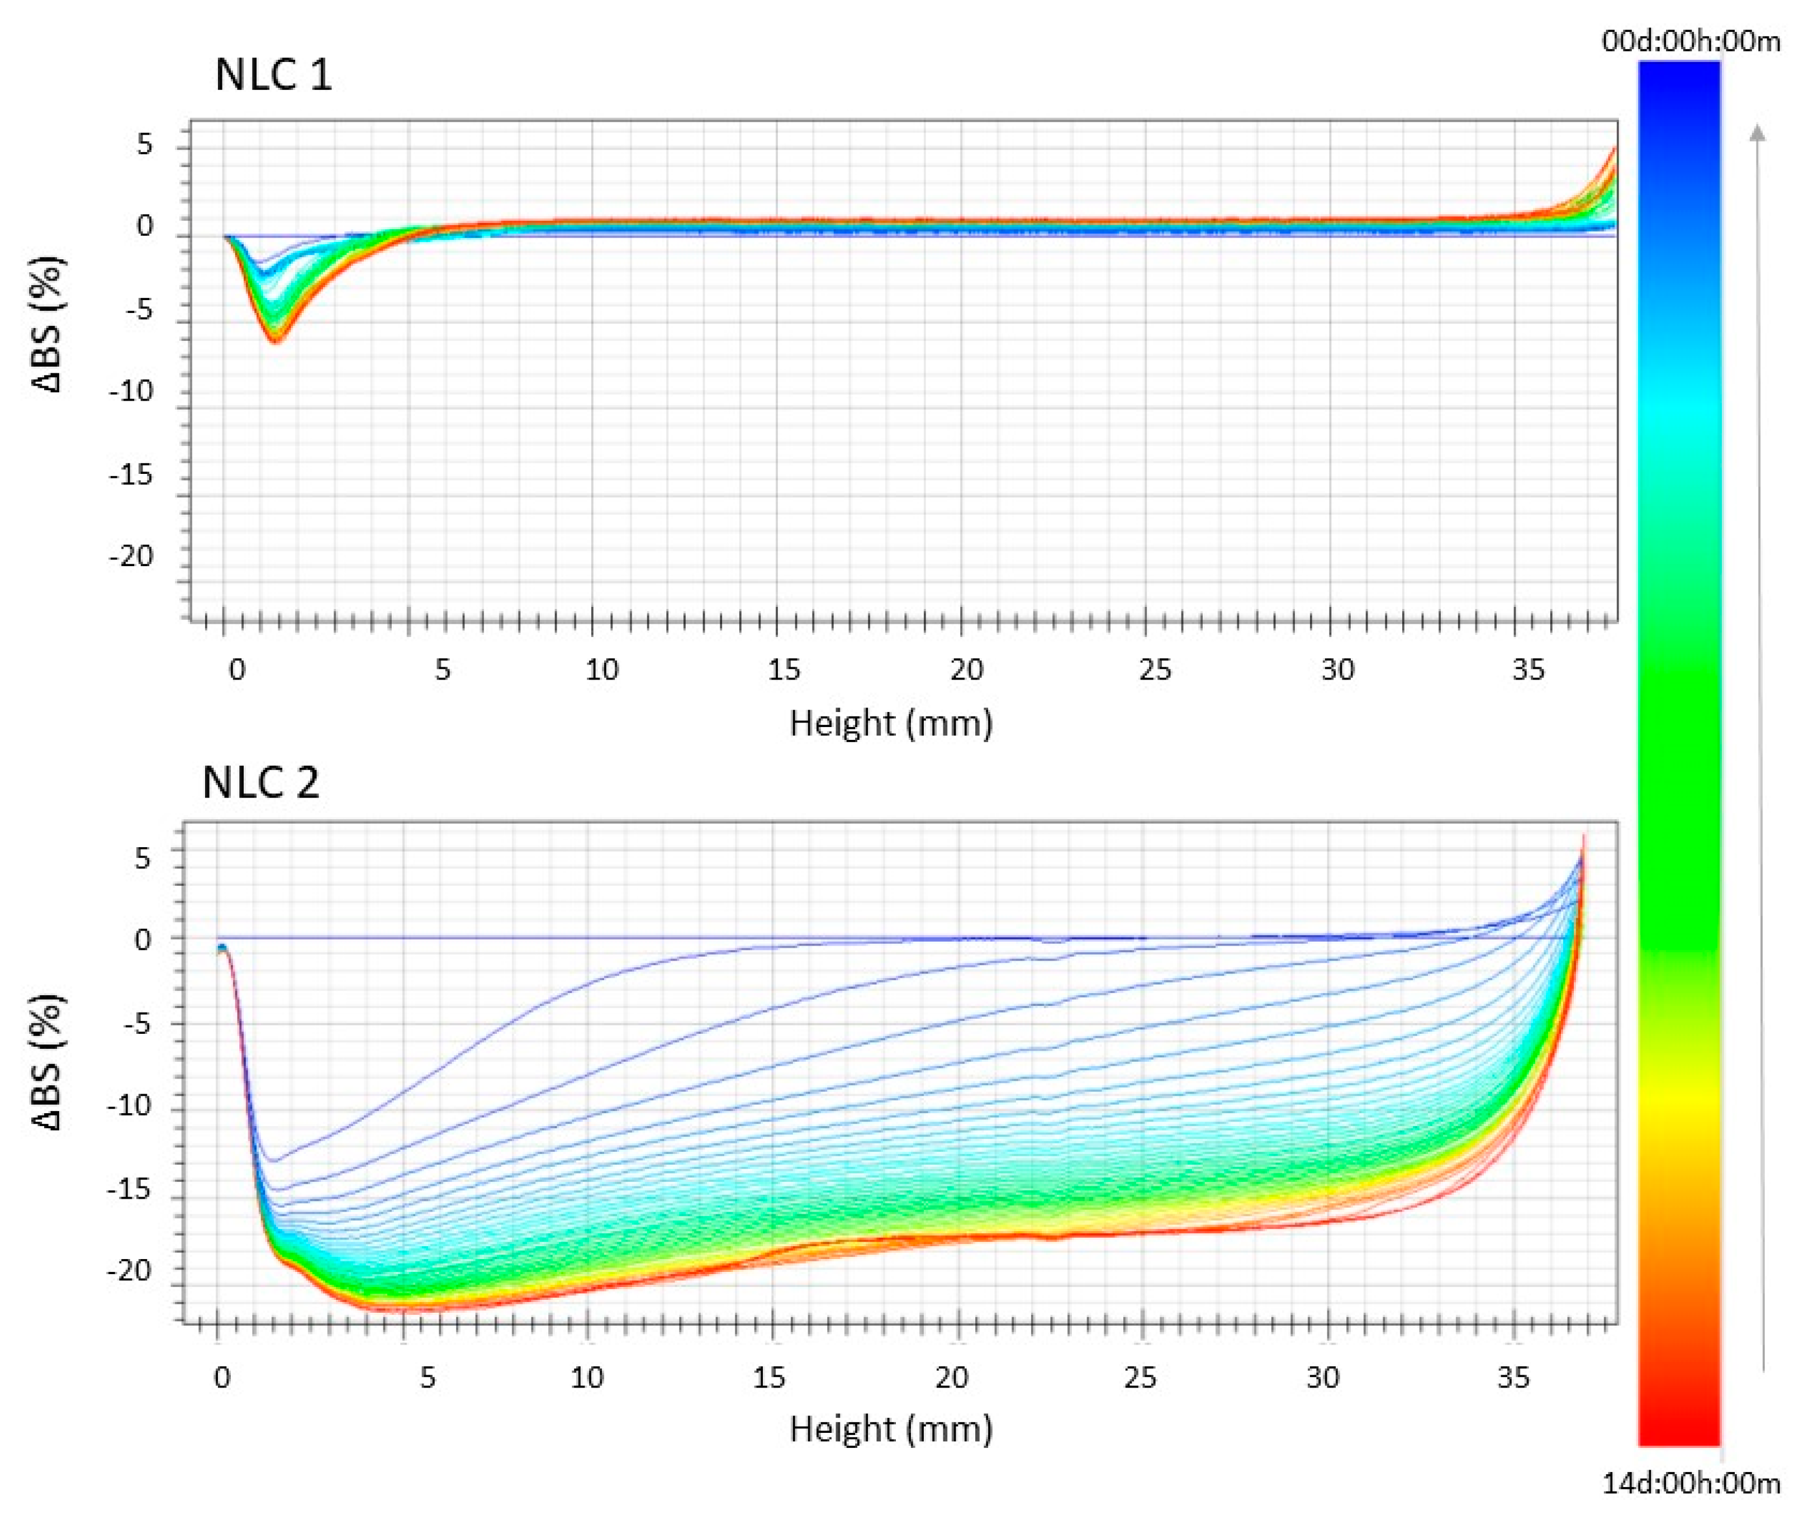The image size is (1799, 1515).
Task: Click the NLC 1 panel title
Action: pos(273,75)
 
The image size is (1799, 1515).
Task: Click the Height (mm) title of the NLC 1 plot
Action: pos(890,723)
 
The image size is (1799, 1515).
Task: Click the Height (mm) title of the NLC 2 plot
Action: pos(890,1429)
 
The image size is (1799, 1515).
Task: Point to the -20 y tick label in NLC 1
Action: pos(131,557)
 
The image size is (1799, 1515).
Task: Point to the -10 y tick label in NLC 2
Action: pos(131,1106)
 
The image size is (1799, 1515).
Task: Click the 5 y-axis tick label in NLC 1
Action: pos(144,144)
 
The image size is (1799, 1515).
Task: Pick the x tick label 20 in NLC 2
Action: pos(951,1378)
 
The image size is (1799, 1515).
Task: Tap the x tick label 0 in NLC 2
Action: pos(221,1378)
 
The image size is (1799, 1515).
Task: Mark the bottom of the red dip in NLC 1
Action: pos(276,340)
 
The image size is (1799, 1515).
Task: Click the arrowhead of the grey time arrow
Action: pos(1758,131)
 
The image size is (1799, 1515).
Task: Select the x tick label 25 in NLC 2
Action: pos(1140,1378)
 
